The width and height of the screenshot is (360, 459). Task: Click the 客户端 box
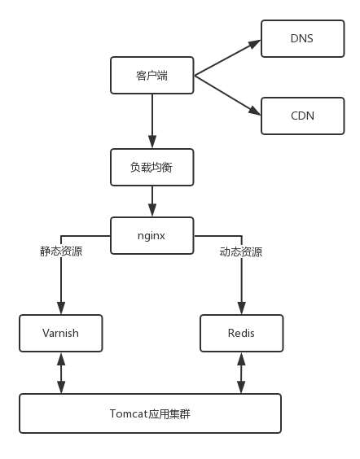point(152,76)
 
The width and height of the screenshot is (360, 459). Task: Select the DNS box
point(301,37)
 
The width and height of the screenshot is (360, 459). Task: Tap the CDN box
point(301,116)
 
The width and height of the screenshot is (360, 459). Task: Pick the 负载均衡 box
point(152,167)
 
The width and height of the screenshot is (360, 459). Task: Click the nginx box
point(152,235)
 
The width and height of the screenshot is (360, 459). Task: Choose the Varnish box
point(61,333)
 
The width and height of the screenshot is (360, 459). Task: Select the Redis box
point(242,333)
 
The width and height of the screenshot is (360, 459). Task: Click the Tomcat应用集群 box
point(150,413)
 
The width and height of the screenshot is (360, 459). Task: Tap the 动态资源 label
point(241,251)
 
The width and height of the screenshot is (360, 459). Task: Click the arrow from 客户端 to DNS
point(227,56)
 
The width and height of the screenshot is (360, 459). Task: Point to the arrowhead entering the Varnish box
point(61,308)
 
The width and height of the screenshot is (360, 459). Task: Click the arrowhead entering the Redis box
point(241,308)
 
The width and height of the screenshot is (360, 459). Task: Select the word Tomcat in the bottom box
point(127,413)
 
